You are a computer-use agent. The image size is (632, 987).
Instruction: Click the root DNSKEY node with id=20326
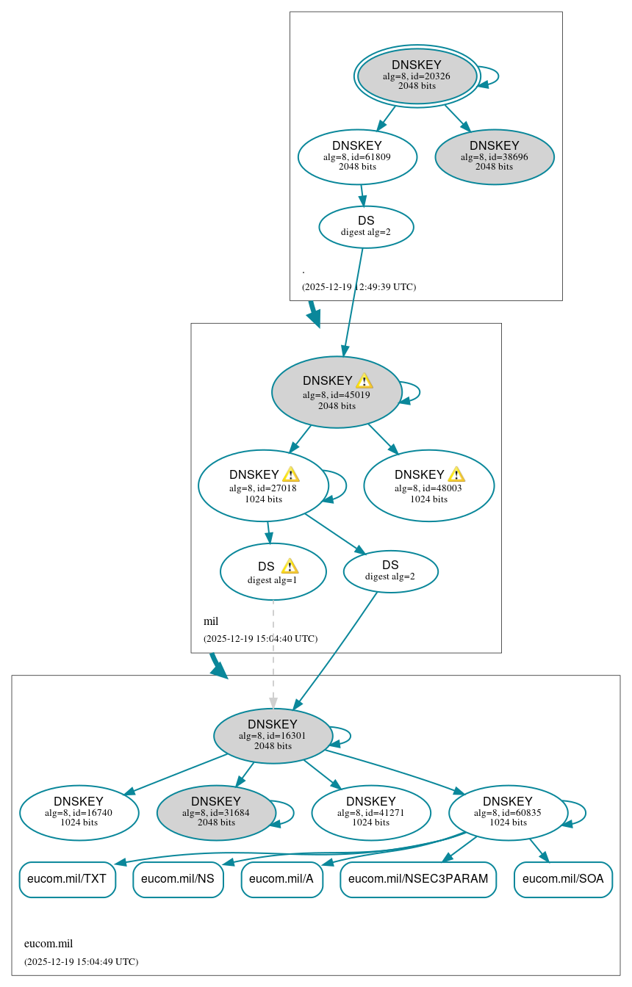click(417, 76)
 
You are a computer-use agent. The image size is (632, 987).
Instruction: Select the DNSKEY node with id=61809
click(357, 156)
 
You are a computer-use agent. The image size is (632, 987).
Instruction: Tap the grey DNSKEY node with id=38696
click(495, 156)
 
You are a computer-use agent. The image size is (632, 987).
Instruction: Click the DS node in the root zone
click(366, 226)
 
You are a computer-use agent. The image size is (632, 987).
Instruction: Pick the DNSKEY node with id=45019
click(336, 392)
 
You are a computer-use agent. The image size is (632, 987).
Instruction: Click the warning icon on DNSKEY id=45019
click(365, 380)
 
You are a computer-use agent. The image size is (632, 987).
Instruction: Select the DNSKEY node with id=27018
click(262, 485)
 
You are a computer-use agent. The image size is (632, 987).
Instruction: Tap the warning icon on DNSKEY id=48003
click(456, 474)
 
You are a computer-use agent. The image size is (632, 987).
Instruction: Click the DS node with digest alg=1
click(273, 572)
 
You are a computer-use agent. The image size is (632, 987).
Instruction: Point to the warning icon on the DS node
click(290, 566)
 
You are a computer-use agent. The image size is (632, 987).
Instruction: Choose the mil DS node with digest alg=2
click(390, 571)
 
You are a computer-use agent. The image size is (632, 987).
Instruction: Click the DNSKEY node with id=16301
click(273, 735)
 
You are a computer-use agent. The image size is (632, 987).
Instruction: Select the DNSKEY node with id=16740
click(79, 812)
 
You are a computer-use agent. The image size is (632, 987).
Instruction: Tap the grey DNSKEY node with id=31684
click(216, 812)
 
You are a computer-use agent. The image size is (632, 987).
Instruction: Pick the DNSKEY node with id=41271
click(371, 812)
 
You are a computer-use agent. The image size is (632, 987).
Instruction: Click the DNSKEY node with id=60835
click(508, 812)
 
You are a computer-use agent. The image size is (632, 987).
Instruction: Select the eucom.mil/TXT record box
click(67, 879)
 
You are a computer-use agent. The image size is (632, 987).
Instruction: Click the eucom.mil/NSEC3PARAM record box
click(418, 879)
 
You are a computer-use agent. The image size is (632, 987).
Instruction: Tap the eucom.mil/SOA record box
click(563, 879)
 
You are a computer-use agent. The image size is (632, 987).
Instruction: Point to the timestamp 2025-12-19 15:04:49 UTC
click(81, 961)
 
